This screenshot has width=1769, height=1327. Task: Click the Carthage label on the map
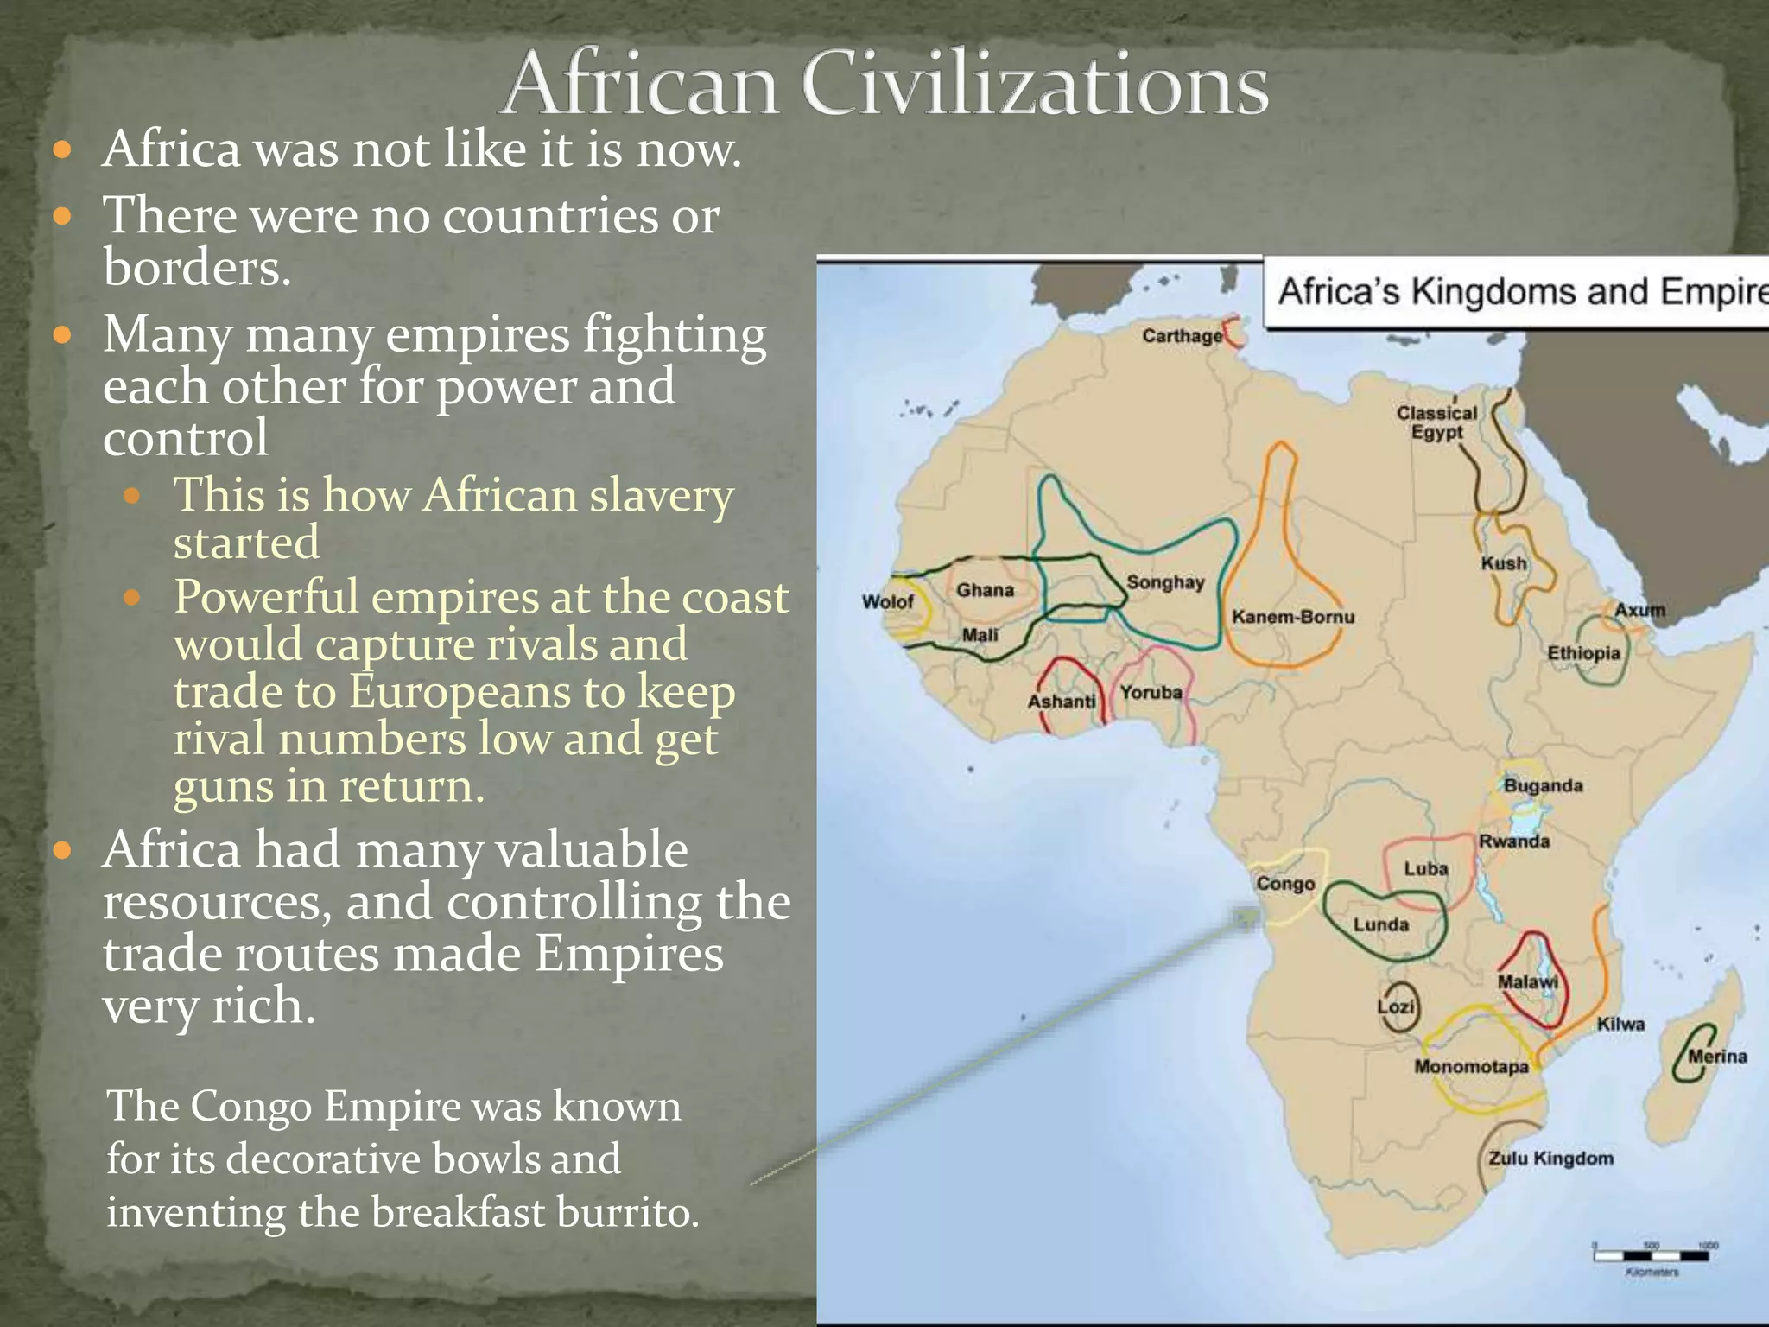click(1182, 335)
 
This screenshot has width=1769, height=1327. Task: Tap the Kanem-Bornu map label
click(1292, 617)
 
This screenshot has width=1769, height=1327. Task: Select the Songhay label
click(1165, 582)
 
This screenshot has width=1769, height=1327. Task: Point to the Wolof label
click(887, 601)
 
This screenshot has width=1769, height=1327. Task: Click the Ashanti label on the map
click(1062, 702)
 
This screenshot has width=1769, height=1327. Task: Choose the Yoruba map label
click(1151, 692)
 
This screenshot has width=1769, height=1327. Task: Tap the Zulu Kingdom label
click(1550, 1159)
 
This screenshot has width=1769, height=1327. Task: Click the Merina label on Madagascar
click(1717, 1056)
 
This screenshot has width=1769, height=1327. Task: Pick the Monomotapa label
click(1471, 1067)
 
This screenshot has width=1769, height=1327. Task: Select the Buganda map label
click(1543, 785)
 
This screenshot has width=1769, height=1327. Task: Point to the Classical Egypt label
click(1437, 422)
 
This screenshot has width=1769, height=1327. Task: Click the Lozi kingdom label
click(1396, 1006)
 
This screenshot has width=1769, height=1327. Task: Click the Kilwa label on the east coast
click(1620, 1024)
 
